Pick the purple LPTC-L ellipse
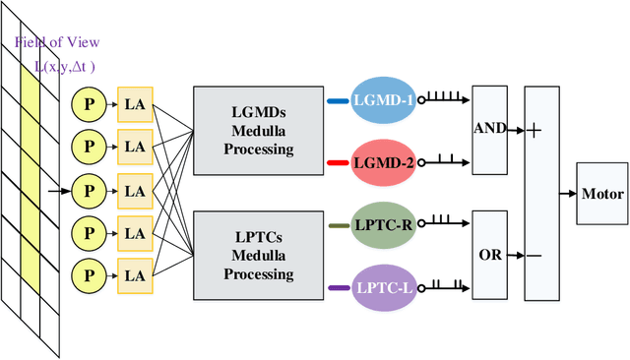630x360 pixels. coord(385,287)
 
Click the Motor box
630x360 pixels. coord(602,193)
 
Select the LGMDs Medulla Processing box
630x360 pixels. coord(256,125)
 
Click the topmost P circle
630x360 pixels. coord(88,101)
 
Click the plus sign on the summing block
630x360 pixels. coord(534,131)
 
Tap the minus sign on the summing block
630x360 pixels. coord(534,256)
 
